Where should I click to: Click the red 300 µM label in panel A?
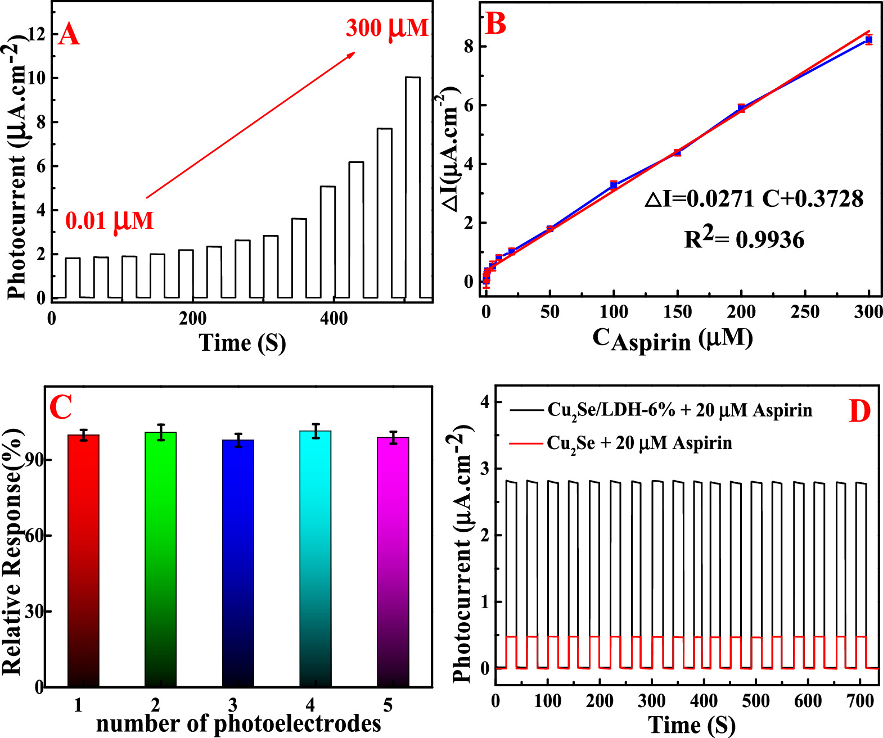coord(387,28)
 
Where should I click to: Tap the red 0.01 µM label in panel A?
coord(110,220)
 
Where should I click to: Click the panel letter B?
coord(495,24)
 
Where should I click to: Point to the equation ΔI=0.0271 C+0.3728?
coord(754,198)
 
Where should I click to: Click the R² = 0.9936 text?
coord(744,239)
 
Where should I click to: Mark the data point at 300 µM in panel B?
coord(869,39)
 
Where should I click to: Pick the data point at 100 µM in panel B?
coord(614,185)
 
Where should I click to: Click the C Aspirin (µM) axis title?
coord(673,339)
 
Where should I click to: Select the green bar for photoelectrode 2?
coord(160,559)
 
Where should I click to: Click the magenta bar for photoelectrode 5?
coord(393,562)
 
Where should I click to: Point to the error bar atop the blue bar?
coord(238,440)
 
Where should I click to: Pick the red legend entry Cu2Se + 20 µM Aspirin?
coord(639,443)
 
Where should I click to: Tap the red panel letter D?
coord(859,412)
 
